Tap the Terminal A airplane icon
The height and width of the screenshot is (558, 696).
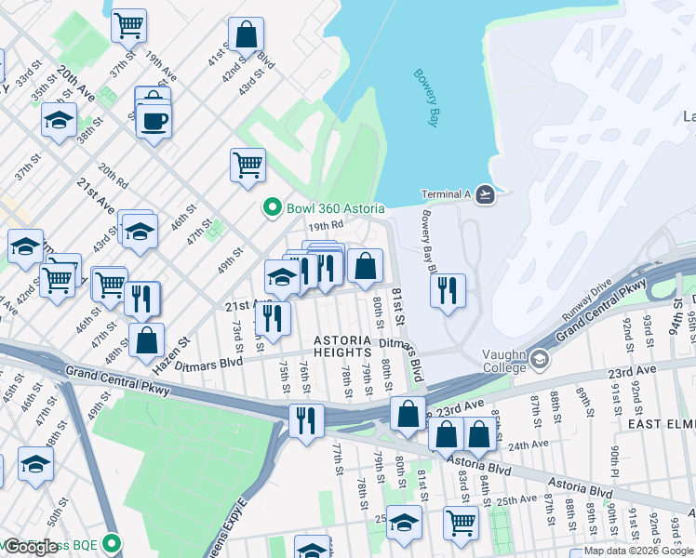(x=484, y=194)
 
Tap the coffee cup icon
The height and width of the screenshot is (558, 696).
(x=154, y=119)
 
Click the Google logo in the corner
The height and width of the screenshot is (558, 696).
(x=31, y=547)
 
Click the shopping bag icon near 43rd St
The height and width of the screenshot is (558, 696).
(x=247, y=35)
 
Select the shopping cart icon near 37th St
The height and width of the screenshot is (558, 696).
(x=128, y=24)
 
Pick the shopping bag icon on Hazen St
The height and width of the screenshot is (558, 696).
(x=146, y=340)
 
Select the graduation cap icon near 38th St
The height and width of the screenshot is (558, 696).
(x=59, y=121)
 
